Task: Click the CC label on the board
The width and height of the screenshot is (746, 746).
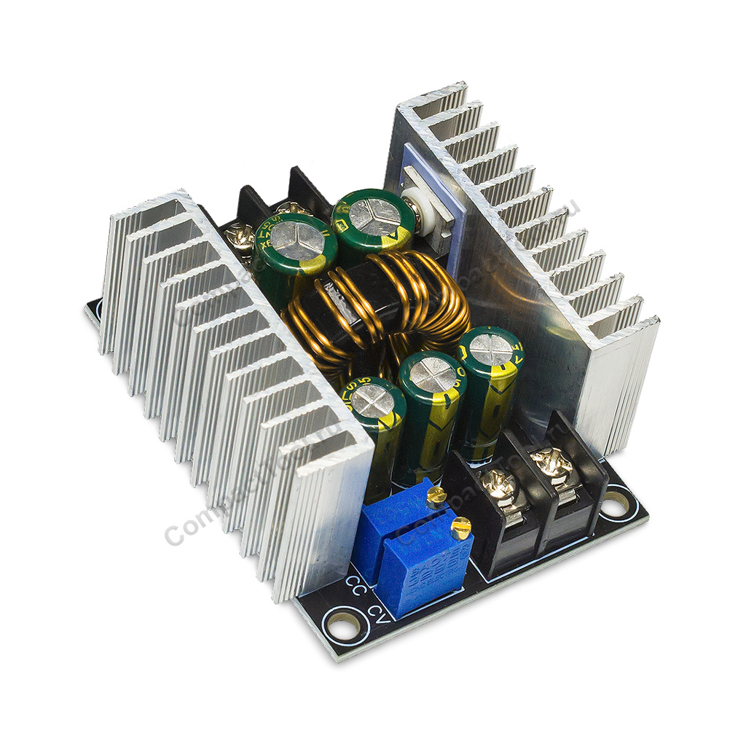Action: click(356, 585)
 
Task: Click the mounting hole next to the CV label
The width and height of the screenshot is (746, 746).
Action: click(341, 624)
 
